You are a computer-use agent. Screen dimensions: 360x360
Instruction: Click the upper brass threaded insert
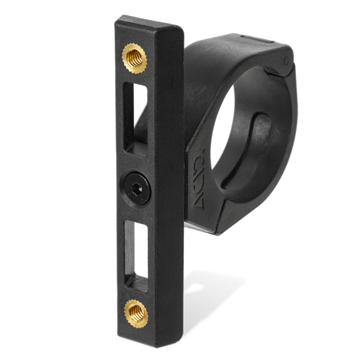[134, 58]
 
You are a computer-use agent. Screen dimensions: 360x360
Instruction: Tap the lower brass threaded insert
[136, 313]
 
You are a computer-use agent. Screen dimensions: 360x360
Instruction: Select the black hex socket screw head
[137, 188]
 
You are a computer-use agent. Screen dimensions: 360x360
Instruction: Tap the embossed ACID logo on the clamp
[198, 179]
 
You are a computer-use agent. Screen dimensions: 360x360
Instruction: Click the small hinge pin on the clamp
[286, 61]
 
